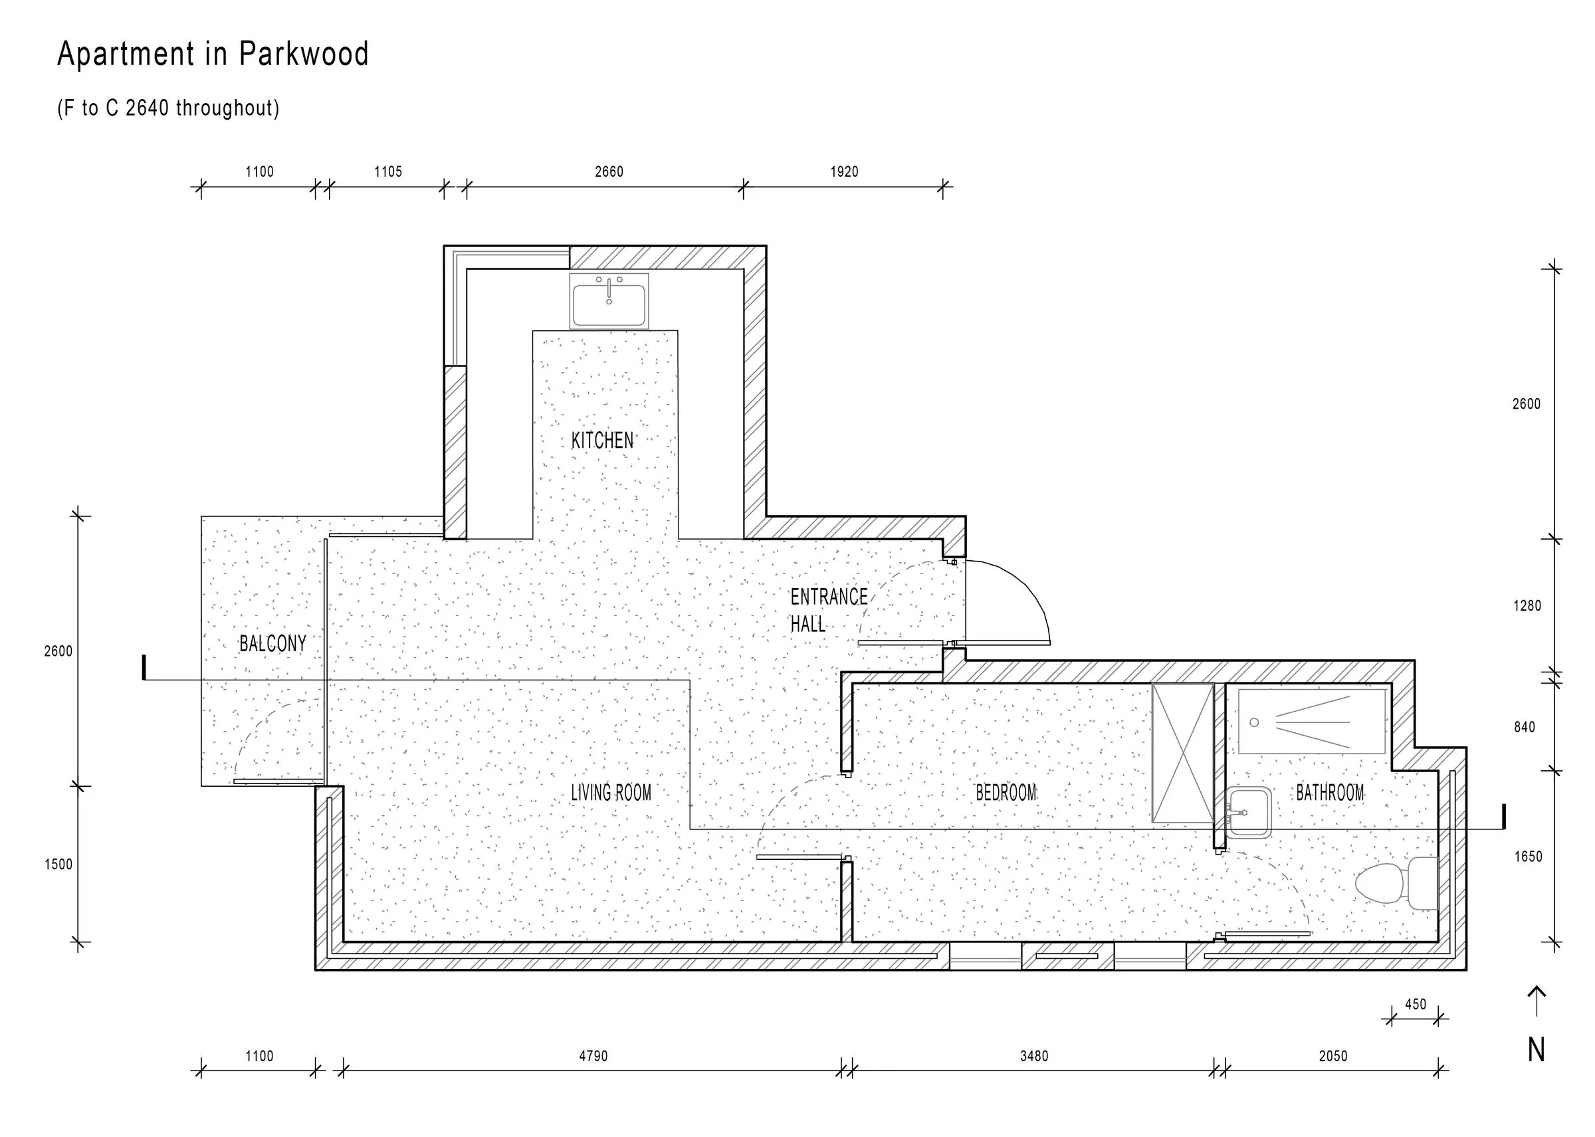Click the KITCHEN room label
point(602,441)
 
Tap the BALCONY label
point(272,643)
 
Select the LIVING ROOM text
point(611,793)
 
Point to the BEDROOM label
point(1006,793)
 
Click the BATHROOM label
point(1330,793)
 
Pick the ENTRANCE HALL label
point(828,610)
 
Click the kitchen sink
point(609,301)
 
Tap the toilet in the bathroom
point(1396,884)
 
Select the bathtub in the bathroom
point(1312,721)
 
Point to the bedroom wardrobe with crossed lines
point(1182,753)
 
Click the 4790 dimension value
point(593,1056)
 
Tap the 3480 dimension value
point(1033,1056)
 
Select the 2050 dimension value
point(1332,1056)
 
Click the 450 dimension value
point(1415,1005)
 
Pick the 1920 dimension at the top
point(845,171)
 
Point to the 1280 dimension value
point(1527,605)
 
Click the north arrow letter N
point(1537,1049)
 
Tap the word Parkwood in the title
point(304,54)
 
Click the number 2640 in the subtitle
point(148,108)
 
